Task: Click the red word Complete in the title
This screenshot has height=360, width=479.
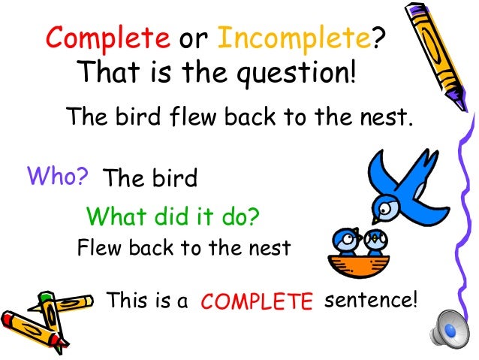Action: coord(107,38)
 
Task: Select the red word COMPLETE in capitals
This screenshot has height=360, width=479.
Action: coord(257,302)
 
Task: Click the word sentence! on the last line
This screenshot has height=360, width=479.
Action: coord(369,301)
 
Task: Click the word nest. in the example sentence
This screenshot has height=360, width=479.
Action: coord(384,117)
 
